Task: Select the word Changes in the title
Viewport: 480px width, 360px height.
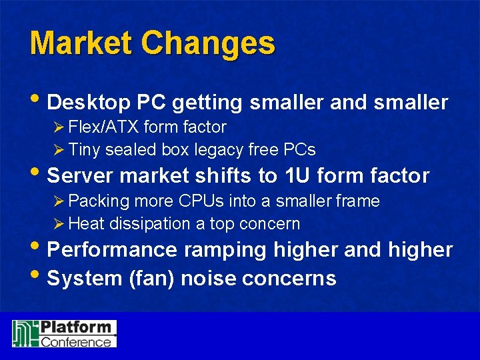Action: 207,43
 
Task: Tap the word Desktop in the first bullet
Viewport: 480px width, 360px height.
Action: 89,103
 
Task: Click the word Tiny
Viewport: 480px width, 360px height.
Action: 84,149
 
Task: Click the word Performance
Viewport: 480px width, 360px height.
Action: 113,250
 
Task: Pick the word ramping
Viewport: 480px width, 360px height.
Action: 225,250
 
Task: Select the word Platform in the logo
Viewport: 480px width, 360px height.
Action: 75,328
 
